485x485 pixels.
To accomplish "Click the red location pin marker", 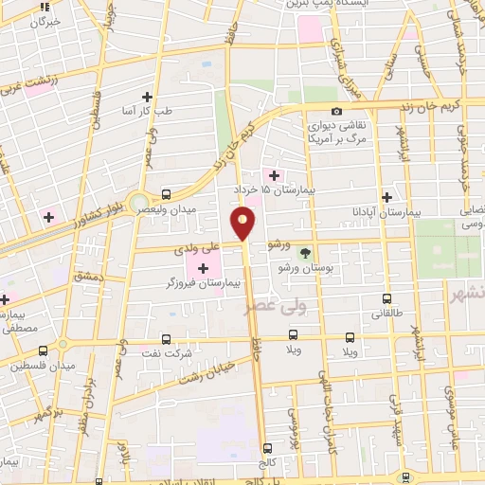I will [x=243, y=225].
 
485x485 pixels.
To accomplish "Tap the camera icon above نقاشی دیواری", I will [x=310, y=120].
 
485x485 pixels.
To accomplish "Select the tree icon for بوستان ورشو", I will [x=305, y=253].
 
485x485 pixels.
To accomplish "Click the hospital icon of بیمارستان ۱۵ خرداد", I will [x=275, y=174].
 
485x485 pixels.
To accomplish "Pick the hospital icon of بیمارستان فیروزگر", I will [x=203, y=268].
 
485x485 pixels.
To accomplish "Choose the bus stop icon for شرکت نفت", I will [x=167, y=338].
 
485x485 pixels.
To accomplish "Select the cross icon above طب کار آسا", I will [x=147, y=97].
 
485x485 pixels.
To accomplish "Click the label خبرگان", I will [x=45, y=20].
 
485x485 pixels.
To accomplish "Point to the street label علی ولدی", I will [x=197, y=250].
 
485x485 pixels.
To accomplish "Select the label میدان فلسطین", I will [x=35, y=365].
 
